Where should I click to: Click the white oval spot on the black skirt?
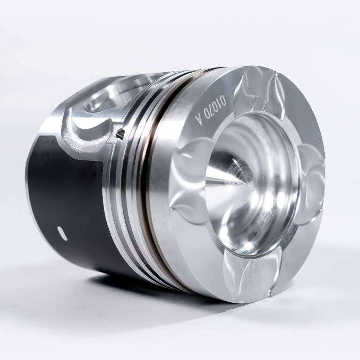(x=62, y=233)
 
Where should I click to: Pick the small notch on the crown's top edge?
(x=277, y=75)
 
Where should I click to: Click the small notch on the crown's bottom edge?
(x=270, y=293)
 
